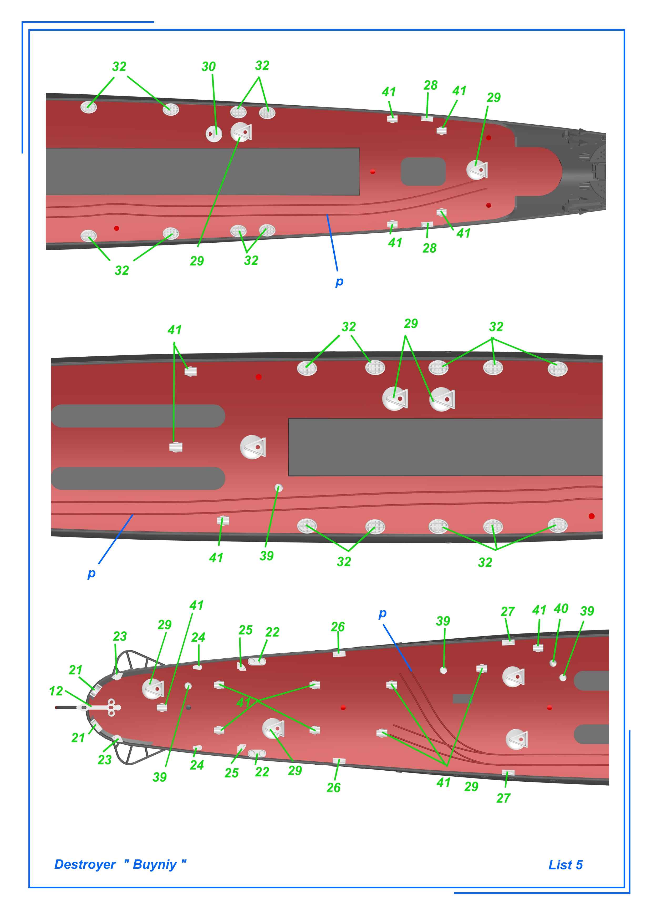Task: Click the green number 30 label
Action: (208, 67)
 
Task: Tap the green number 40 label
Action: (561, 608)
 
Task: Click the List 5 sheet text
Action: (565, 865)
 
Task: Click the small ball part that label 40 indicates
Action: (553, 663)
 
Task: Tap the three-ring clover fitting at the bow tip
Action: (112, 707)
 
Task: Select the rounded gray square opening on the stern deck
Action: (423, 171)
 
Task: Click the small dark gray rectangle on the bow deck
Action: (462, 699)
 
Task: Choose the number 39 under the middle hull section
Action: (266, 556)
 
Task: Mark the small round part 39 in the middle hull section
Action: (278, 488)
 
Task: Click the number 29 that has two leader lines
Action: (411, 324)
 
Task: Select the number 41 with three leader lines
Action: (444, 782)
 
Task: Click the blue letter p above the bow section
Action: (383, 614)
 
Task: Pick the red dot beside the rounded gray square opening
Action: (373, 171)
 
